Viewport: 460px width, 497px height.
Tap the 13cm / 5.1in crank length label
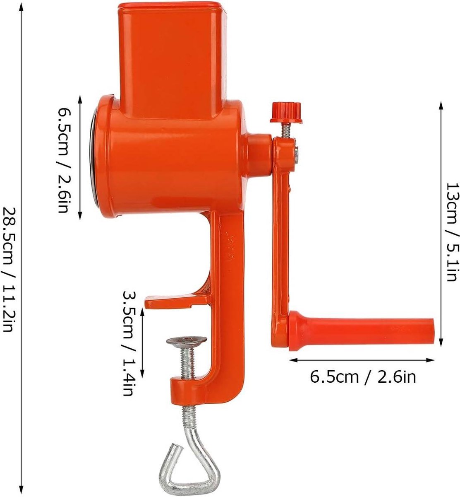pyautogui.click(x=453, y=232)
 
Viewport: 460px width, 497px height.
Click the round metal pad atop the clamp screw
pyautogui.click(x=187, y=341)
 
